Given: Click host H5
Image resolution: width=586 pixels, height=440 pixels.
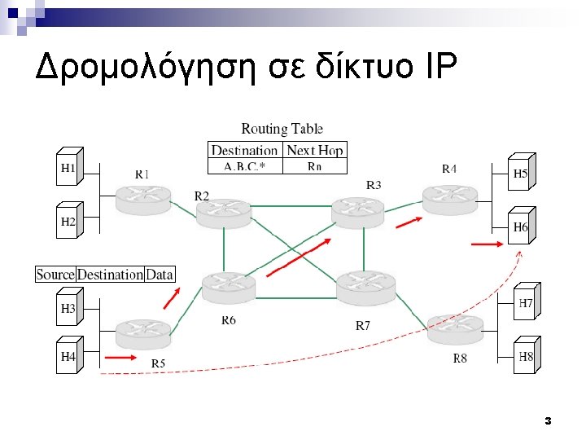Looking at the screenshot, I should point(521,173).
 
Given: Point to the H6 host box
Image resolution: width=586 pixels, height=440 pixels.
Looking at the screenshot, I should point(521,227).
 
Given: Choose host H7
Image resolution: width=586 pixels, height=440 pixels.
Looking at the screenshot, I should point(526,303).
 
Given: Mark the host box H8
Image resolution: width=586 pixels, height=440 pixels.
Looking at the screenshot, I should point(526,356).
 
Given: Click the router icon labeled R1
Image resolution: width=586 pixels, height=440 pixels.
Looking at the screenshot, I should point(143,198).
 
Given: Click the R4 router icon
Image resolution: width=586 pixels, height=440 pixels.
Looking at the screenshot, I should point(449,196).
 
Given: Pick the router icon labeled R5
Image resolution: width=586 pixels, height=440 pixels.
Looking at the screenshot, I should point(143,332).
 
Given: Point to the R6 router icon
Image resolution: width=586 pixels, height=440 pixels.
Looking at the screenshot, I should point(228,287).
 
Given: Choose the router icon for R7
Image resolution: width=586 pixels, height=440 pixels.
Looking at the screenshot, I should point(365,285).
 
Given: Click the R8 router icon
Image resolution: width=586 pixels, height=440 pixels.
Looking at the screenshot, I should point(455,326).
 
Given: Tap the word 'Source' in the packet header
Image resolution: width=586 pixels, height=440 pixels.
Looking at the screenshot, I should point(55,275).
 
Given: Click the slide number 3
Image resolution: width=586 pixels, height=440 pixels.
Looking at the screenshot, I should point(548,421).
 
